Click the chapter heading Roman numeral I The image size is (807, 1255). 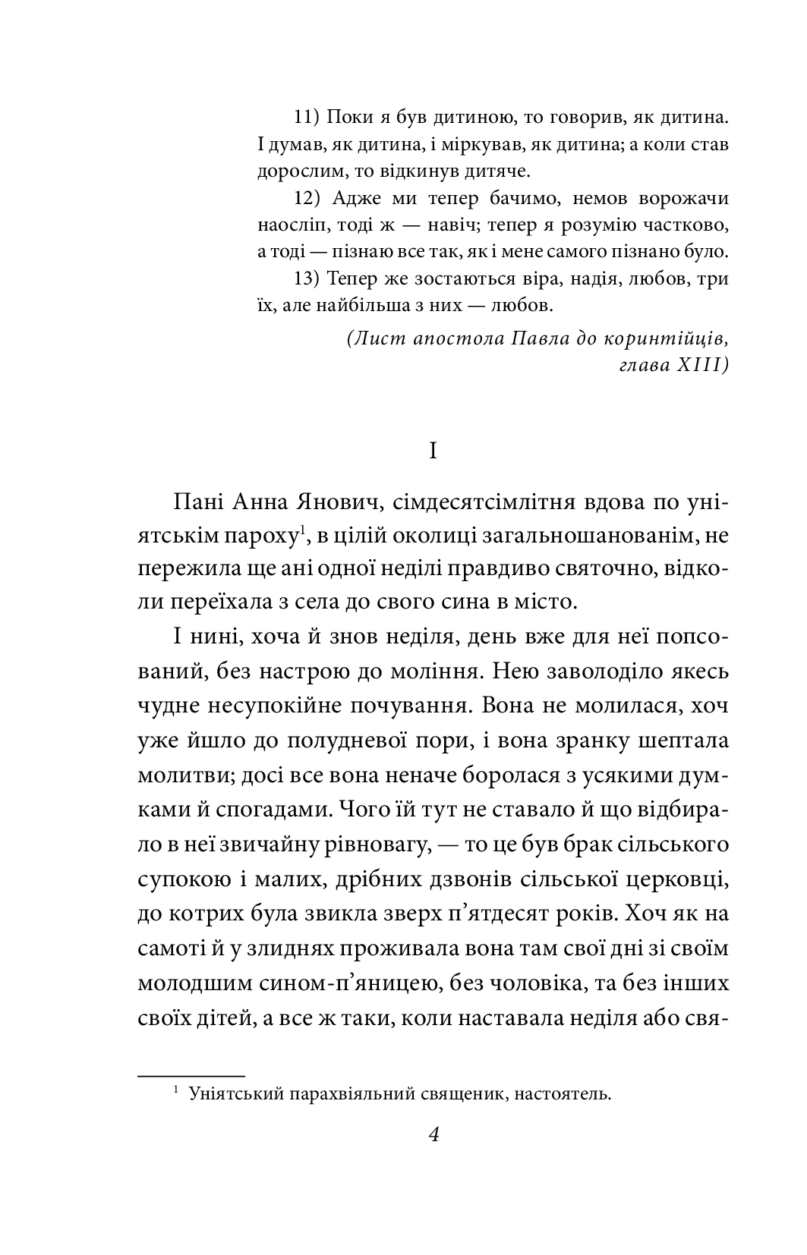433,451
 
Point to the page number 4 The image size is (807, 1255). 433,1135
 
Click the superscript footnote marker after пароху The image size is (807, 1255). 301,530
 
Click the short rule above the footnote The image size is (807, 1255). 191,1075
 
